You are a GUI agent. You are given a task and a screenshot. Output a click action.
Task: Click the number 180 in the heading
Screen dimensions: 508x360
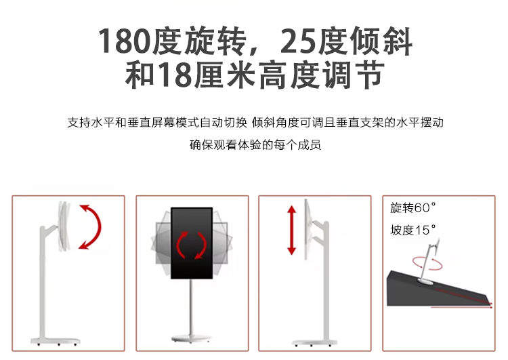[x=125, y=41]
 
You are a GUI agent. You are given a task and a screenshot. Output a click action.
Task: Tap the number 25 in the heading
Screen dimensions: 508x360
[x=298, y=41]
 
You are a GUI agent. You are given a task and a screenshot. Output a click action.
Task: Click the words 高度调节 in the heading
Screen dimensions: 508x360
[x=322, y=75]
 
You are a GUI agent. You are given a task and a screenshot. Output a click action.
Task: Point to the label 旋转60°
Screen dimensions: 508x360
[x=413, y=207]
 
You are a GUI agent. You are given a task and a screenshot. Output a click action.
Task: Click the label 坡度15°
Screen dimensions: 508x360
[x=413, y=230]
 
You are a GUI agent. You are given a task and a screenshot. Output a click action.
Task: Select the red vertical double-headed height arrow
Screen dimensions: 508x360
[x=291, y=230]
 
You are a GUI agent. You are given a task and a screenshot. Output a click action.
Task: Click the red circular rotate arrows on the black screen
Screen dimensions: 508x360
[x=192, y=245]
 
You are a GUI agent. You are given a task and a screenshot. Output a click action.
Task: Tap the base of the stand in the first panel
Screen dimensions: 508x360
[x=56, y=341]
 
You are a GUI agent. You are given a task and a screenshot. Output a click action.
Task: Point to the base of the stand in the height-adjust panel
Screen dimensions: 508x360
[x=314, y=342]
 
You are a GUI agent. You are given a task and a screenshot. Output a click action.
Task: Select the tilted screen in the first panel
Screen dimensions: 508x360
[x=64, y=226]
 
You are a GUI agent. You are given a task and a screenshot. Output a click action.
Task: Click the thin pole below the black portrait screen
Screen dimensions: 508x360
[x=192, y=307]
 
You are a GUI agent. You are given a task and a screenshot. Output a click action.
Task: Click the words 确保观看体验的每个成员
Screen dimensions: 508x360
[x=255, y=144]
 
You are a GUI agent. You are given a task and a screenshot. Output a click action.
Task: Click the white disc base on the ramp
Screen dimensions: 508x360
[x=427, y=281]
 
